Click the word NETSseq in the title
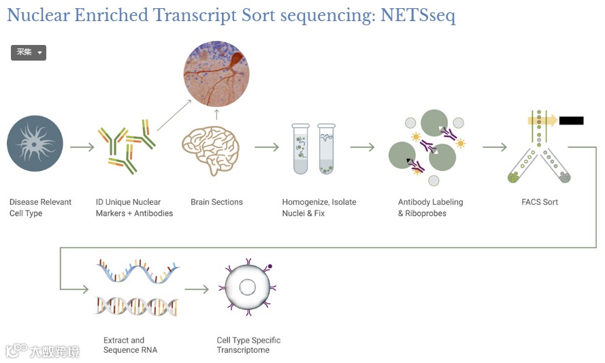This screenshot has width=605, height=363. click(x=416, y=15)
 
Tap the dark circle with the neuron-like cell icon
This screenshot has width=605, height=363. click(x=35, y=144)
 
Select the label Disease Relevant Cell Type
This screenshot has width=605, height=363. click(x=40, y=208)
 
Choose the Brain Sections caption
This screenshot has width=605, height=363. click(x=216, y=202)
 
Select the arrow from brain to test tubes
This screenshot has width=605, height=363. click(x=267, y=147)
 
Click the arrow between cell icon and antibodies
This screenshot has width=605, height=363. click(x=82, y=147)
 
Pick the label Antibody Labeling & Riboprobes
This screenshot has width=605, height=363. click(x=430, y=208)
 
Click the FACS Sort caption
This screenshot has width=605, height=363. click(x=540, y=202)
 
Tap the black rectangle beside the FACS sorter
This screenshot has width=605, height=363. click(x=571, y=121)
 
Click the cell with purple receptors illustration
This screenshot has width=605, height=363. click(x=247, y=287)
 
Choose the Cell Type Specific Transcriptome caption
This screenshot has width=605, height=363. click(x=248, y=345)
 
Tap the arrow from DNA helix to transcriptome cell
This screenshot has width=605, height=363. click(x=197, y=289)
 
